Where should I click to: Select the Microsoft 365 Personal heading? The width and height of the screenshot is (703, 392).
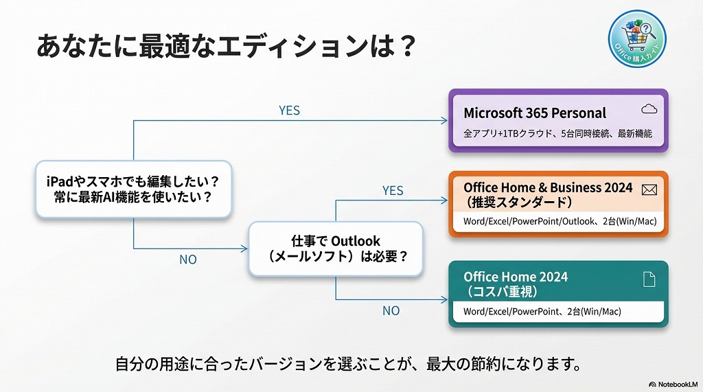coord(535,113)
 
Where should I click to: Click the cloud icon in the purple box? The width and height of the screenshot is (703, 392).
coord(649,109)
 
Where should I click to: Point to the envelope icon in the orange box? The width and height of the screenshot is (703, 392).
coord(649,190)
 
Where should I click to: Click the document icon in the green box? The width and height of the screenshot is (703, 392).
coord(649,279)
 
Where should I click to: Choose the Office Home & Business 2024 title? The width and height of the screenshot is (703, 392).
coord(548,187)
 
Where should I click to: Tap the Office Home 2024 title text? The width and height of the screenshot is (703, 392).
coord(516,277)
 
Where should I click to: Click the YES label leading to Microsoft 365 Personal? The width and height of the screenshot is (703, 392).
coord(289,110)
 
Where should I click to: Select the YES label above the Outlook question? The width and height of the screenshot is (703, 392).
coord(393,190)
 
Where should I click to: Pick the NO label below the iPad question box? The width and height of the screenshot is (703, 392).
coord(187,260)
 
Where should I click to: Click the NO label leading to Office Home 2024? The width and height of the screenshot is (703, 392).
coord(391,310)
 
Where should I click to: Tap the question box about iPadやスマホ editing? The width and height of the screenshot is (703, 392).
coord(132,189)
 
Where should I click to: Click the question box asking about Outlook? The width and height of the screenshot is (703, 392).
coord(336,249)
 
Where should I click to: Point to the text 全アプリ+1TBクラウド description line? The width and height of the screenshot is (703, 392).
coord(557,134)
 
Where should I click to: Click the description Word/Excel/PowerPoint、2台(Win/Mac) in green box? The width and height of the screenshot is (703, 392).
coord(542,311)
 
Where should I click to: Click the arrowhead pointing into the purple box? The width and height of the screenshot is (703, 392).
coord(444,121)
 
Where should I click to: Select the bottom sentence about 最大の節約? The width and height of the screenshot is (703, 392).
coord(349,363)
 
